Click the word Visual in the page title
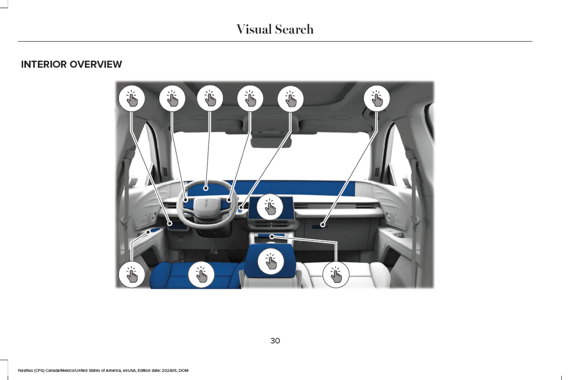click(x=254, y=29)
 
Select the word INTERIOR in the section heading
click(x=44, y=64)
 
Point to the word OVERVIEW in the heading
click(x=96, y=64)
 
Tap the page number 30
click(x=275, y=341)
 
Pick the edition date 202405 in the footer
click(x=169, y=370)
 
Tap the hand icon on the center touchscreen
click(x=270, y=207)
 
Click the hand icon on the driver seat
click(x=201, y=275)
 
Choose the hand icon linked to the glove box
click(x=377, y=98)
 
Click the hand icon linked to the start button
click(x=290, y=98)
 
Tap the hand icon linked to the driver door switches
click(x=132, y=275)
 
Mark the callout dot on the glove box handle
click(x=323, y=225)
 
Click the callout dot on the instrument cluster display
click(x=206, y=188)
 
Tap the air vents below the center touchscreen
click(x=271, y=224)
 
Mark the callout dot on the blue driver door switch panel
click(x=148, y=232)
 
